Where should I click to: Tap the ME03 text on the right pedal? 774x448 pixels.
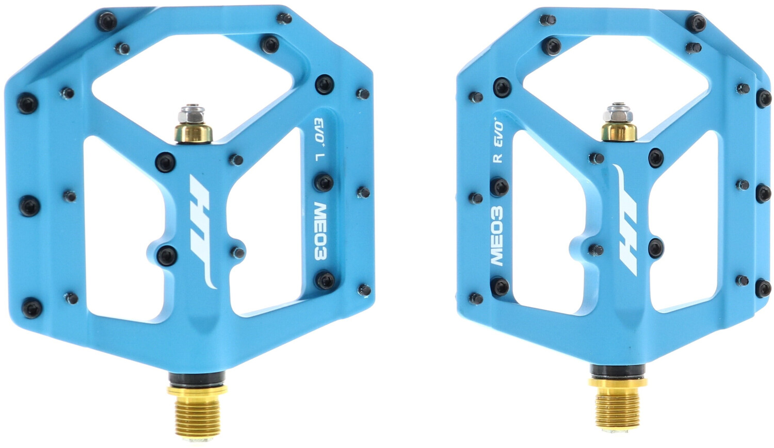pos(496,236)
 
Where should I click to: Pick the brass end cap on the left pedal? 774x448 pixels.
pos(193,133)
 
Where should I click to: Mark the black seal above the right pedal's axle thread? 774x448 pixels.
pos(617,370)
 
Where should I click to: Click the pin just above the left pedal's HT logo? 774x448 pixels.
pos(166,162)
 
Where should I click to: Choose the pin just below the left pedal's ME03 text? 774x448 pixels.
pos(325,280)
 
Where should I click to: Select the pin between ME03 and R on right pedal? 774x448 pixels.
pos(499,187)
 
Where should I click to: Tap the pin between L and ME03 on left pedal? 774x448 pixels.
pos(324,182)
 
